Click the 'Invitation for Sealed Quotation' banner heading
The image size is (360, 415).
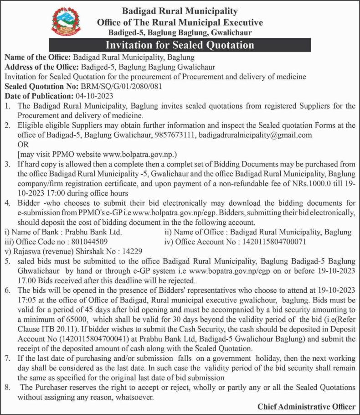tap(180, 45)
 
